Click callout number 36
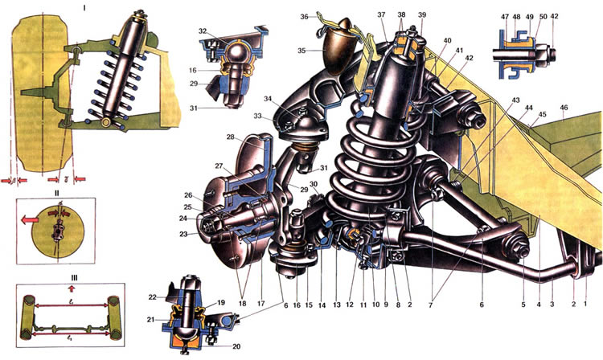click(x=304, y=17)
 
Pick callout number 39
click(x=420, y=17)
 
